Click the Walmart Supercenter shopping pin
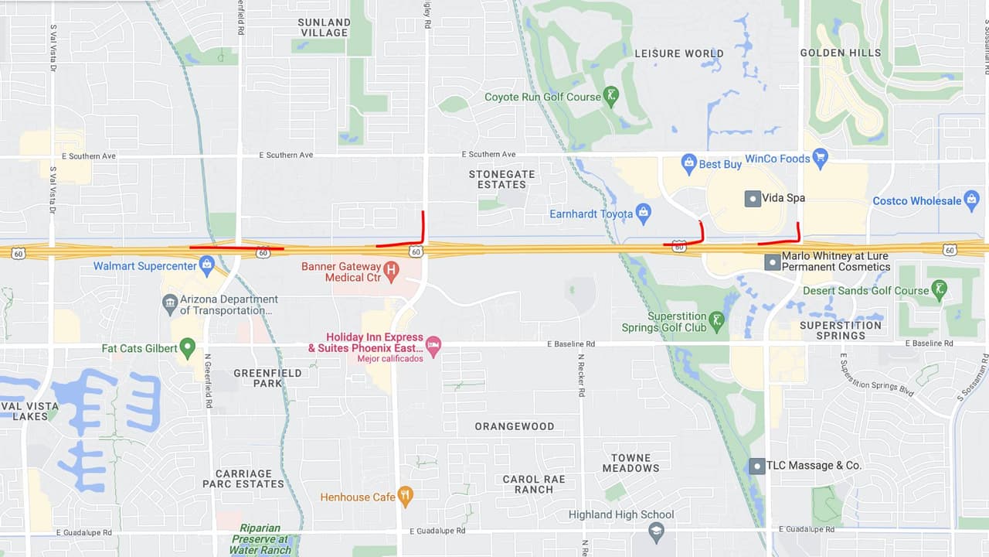pos(206,266)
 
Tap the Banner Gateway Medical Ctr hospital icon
pos(391,271)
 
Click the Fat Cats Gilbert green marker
pos(187,348)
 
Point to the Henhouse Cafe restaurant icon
pos(406,496)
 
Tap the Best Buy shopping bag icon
pos(688,163)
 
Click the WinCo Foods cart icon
pos(821,159)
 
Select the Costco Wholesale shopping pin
pos(972,200)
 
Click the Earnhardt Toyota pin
pos(644,213)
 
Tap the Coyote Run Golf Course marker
pos(611,97)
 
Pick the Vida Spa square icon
pos(753,198)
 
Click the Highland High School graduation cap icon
pos(656,531)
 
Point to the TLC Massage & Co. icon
pos(756,466)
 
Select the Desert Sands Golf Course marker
pos(939,290)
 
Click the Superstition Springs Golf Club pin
pos(716,321)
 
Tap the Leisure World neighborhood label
pos(679,53)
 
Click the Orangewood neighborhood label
pos(514,426)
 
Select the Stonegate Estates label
pos(501,179)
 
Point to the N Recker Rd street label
pos(581,374)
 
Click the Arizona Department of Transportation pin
pos(169,305)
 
